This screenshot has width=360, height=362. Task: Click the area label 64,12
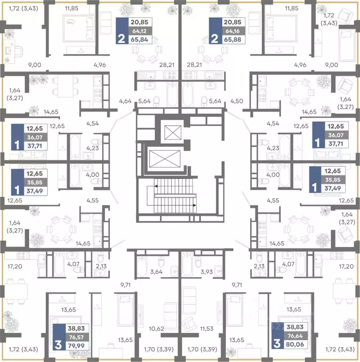139,31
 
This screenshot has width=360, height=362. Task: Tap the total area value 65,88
233,40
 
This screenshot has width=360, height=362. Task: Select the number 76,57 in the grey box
76,337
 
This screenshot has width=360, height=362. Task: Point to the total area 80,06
295,344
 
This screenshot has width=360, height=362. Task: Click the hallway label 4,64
125,101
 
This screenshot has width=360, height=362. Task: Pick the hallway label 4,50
236,101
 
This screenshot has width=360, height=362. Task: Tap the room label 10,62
157,328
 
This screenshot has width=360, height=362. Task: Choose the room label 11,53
207,328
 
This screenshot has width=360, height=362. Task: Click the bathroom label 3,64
156,271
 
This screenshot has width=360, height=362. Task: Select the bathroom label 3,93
207,271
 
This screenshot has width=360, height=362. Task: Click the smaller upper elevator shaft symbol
173,132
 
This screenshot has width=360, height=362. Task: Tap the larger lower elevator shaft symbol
165,159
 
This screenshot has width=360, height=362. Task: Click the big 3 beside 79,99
59,345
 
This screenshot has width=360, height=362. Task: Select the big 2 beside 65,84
122,39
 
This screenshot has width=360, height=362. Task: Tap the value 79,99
76,346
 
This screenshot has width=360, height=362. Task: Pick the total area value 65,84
139,40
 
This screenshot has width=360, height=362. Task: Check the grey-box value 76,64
295,336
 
